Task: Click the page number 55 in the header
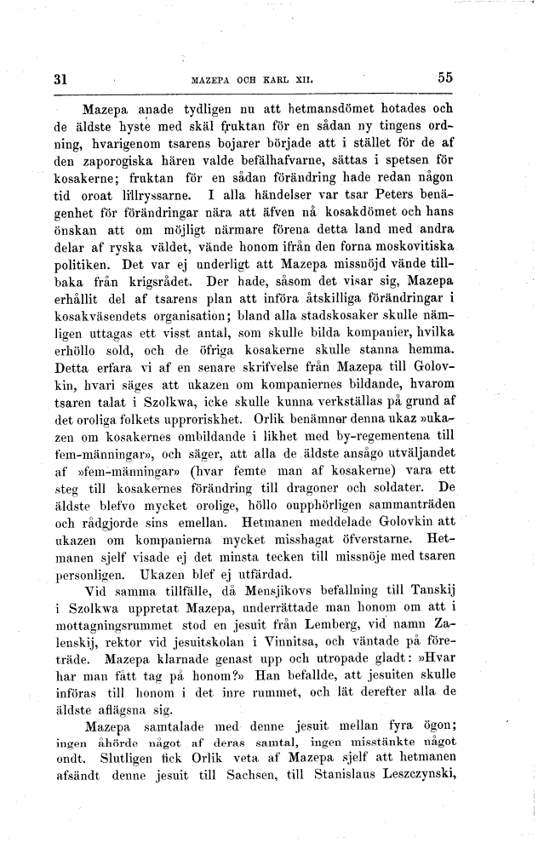click(x=445, y=77)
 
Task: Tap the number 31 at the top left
click(x=60, y=79)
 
